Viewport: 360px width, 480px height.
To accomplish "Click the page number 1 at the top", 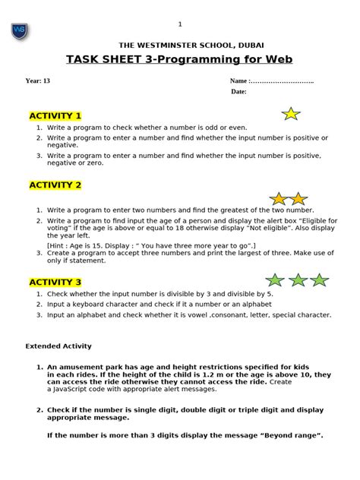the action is point(180,24).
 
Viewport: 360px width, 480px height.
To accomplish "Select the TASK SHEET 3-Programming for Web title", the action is point(179,60).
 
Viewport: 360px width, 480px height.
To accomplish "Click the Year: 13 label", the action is point(38,81).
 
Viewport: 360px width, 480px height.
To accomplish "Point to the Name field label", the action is point(238,81).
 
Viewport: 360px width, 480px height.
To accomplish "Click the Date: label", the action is point(239,92).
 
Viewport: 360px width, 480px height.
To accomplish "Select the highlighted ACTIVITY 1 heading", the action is point(55,115).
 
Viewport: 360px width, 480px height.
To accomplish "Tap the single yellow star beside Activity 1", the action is point(290,114).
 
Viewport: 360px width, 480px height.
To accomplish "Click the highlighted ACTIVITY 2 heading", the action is point(55,185).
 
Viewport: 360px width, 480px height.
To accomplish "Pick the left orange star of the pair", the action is point(279,199).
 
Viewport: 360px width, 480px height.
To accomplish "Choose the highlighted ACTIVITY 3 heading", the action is point(55,282).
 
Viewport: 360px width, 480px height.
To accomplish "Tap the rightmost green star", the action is point(319,280).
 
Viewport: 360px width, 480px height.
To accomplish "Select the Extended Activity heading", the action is point(58,346).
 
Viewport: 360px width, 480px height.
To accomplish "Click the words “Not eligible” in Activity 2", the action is point(244,228).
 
